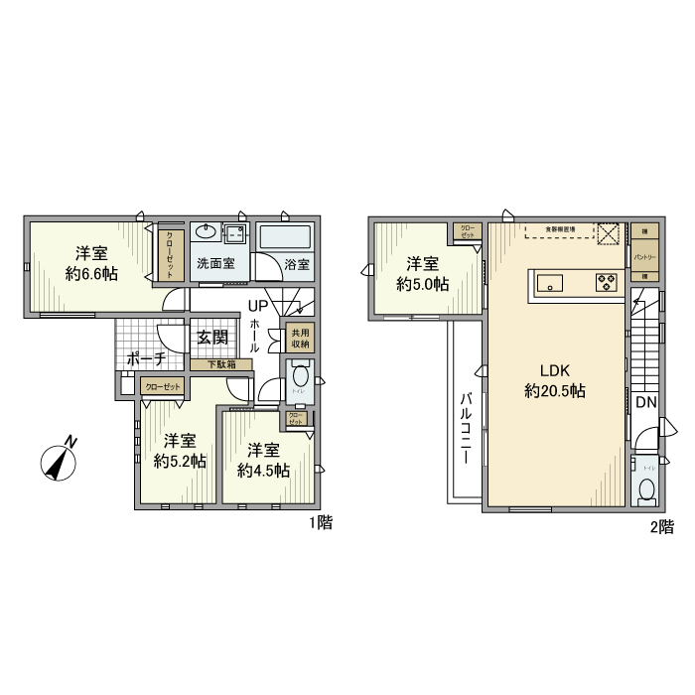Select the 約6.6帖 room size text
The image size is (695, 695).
click(92, 273)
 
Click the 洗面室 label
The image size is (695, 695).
click(214, 264)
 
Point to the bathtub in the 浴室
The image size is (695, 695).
click(286, 239)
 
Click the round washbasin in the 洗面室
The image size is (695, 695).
click(208, 233)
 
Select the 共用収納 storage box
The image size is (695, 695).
click(298, 338)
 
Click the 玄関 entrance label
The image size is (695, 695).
click(212, 338)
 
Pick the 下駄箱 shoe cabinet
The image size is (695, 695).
click(221, 364)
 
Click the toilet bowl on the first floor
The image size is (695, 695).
click(300, 378)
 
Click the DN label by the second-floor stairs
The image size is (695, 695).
click(646, 402)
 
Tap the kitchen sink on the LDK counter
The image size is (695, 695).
click(550, 282)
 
